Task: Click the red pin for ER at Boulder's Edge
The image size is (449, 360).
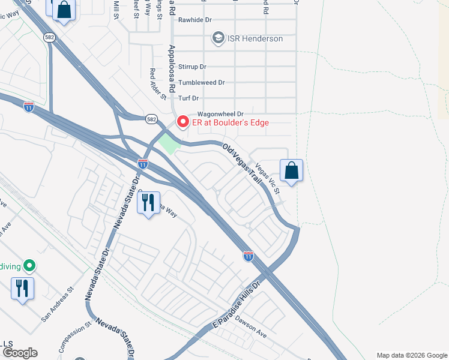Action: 182,122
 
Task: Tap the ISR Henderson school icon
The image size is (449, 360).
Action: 218,38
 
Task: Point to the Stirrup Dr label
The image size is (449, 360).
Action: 192,67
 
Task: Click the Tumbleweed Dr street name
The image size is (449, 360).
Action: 202,82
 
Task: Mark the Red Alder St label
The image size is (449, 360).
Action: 157,83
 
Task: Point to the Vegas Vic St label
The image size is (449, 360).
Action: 268,178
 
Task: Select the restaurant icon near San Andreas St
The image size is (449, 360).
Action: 22,289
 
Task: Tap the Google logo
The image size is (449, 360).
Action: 19,353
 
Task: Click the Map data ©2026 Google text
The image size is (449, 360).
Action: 412,355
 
